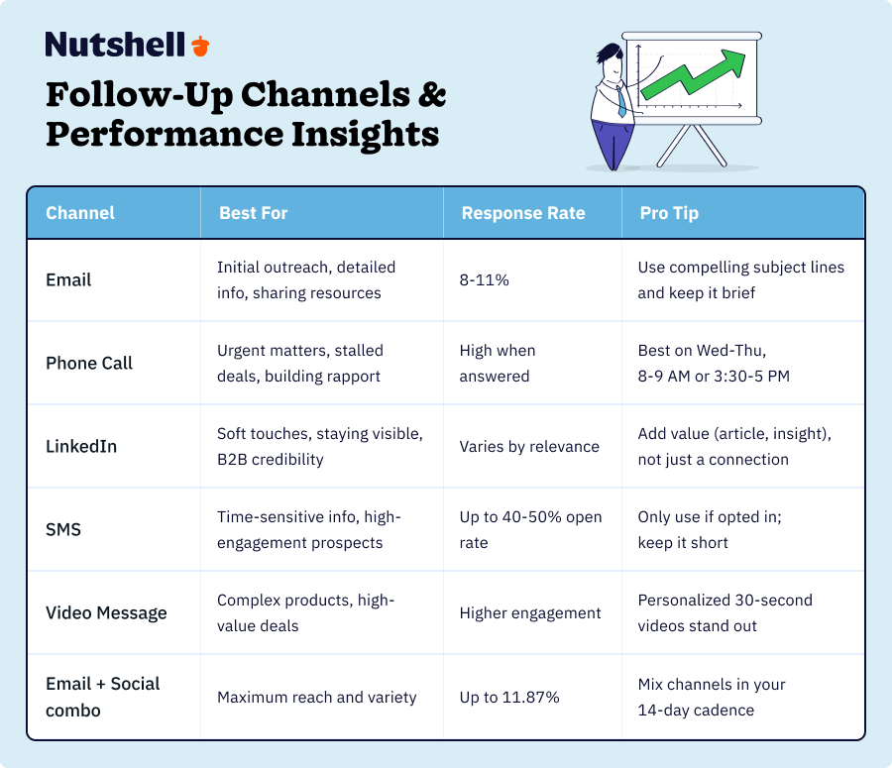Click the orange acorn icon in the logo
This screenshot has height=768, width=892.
pyautogui.click(x=201, y=46)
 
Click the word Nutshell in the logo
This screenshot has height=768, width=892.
pyautogui.click(x=115, y=45)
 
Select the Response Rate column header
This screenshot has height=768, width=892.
pyautogui.click(x=522, y=213)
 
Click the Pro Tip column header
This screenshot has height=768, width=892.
pyautogui.click(x=669, y=213)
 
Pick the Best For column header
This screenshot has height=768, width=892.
pyautogui.click(x=254, y=213)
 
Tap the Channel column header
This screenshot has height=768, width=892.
pyautogui.click(x=80, y=213)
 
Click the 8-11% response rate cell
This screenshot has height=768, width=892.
pyautogui.click(x=484, y=280)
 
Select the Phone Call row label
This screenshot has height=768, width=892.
pyautogui.click(x=89, y=363)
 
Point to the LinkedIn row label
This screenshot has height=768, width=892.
pyautogui.click(x=81, y=446)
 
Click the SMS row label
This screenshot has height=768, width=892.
pyautogui.click(x=63, y=529)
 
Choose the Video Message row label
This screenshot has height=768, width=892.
pyautogui.click(x=106, y=612)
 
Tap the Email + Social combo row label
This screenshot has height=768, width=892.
pyautogui.click(x=102, y=696)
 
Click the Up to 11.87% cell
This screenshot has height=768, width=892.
pyautogui.click(x=509, y=697)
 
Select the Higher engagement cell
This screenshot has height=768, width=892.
pyautogui.click(x=529, y=613)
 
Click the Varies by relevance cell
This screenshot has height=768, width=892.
pyautogui.click(x=528, y=447)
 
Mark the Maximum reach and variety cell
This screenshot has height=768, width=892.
pyautogui.click(x=316, y=697)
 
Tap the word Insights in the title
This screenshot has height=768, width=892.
pyautogui.click(x=356, y=133)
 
